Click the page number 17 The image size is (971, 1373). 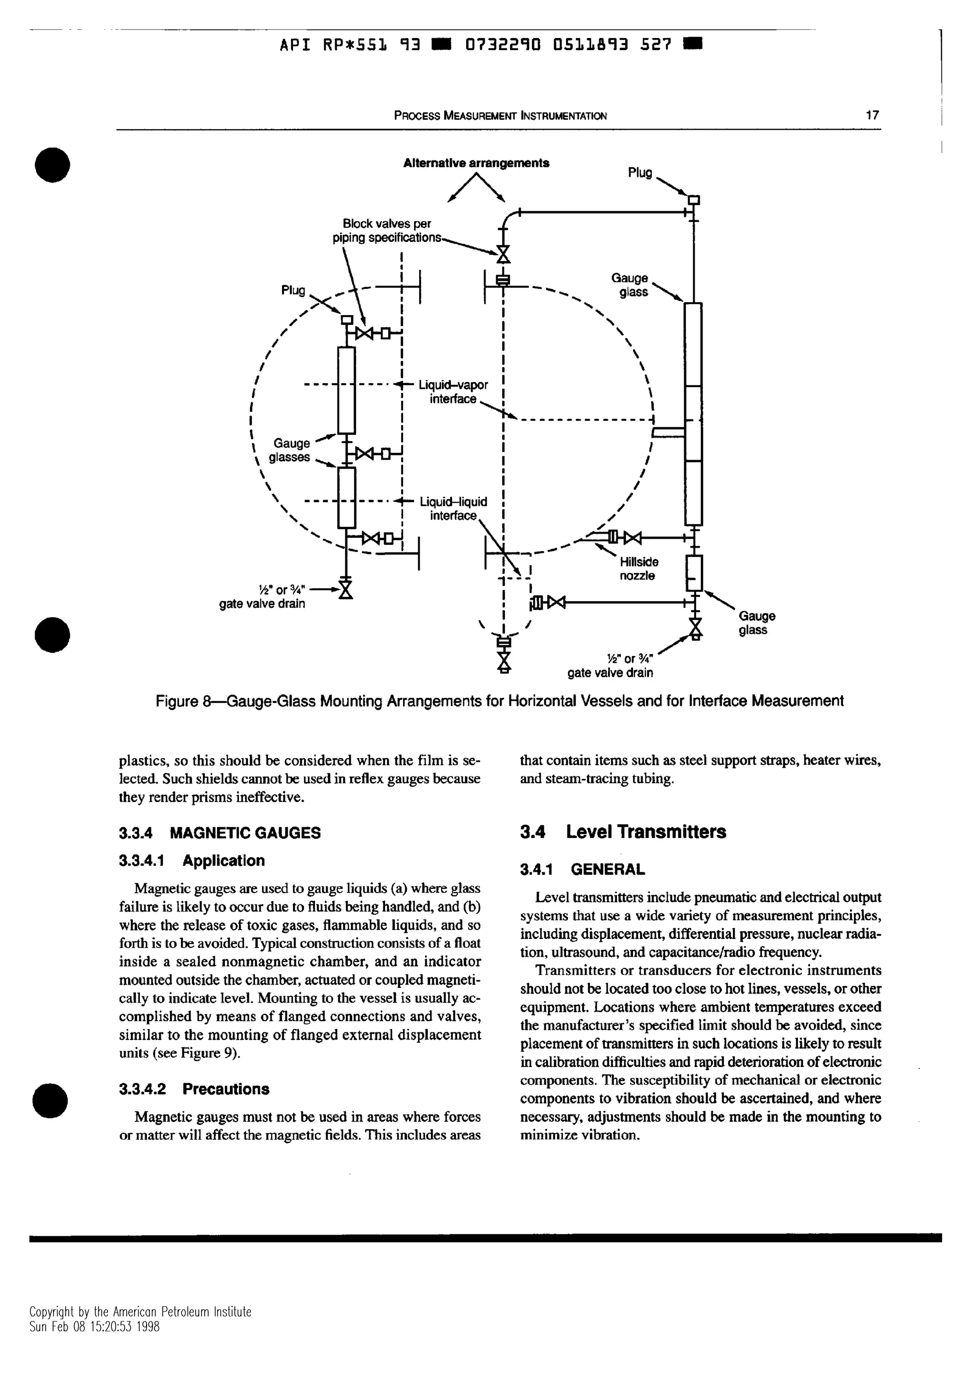point(872,116)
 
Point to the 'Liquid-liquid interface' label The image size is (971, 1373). point(453,508)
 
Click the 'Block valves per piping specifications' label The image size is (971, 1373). point(386,231)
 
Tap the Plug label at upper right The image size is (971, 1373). point(640,173)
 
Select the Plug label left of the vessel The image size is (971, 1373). point(293,290)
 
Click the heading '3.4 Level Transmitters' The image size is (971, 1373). point(623,832)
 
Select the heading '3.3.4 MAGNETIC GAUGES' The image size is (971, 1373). point(220,833)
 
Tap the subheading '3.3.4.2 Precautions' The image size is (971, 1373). point(194,1089)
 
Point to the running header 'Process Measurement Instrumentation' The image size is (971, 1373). point(500,116)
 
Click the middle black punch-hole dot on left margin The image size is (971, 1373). point(53,634)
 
